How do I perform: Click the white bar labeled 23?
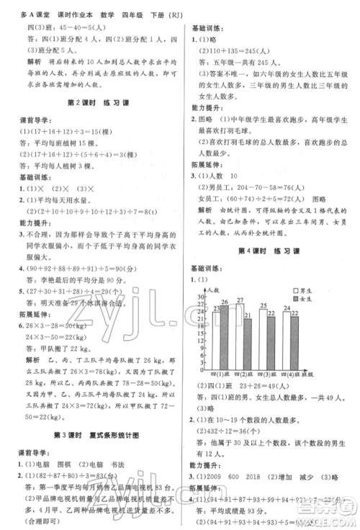point(217,334)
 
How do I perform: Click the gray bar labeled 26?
point(224,331)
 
